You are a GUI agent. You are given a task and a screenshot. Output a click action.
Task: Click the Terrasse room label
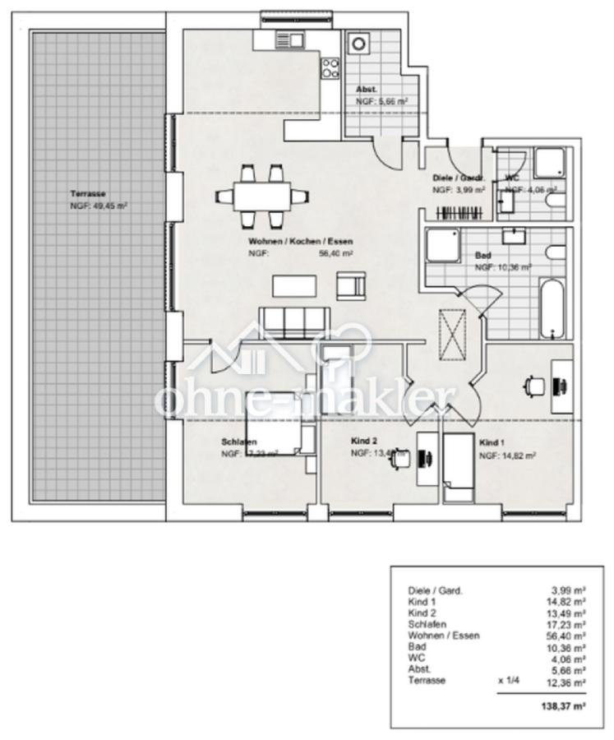pos(88,195)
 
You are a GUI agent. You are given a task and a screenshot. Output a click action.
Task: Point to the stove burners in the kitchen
pos(330,67)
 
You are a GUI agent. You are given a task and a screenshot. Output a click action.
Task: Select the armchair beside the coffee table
pos(350,285)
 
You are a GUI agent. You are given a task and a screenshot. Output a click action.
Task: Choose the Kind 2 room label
pos(363,442)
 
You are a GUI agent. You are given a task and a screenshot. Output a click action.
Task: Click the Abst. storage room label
pos(367,90)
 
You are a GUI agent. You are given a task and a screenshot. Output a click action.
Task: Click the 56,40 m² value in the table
pos(567,636)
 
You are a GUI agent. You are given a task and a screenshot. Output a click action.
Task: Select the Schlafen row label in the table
pos(424,624)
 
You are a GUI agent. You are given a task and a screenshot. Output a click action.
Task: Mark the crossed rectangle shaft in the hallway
pos(453,335)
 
